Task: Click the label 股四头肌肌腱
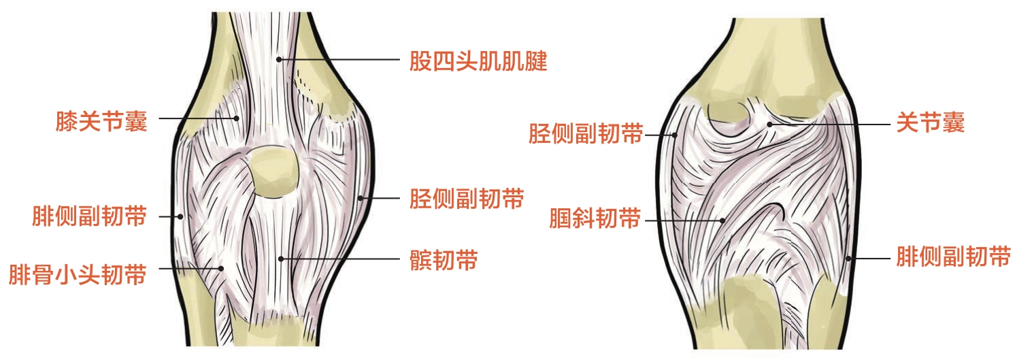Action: click(x=478, y=63)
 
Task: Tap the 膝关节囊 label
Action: click(x=101, y=121)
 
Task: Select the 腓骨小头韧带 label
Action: click(x=78, y=275)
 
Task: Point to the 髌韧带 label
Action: click(x=444, y=260)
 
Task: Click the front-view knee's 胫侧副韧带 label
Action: click(x=466, y=199)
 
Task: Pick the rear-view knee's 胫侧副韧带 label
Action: click(x=586, y=133)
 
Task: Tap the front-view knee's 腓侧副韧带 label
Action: click(x=89, y=217)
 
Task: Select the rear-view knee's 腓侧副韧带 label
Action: click(x=952, y=257)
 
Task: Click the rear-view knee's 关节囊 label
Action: click(x=930, y=123)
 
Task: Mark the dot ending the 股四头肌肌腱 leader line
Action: click(x=280, y=60)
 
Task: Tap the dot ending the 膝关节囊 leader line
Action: click(x=236, y=118)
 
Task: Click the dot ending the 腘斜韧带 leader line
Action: click(x=722, y=220)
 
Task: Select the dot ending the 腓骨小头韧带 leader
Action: click(x=221, y=268)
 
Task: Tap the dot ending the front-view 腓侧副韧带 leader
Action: click(x=180, y=217)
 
